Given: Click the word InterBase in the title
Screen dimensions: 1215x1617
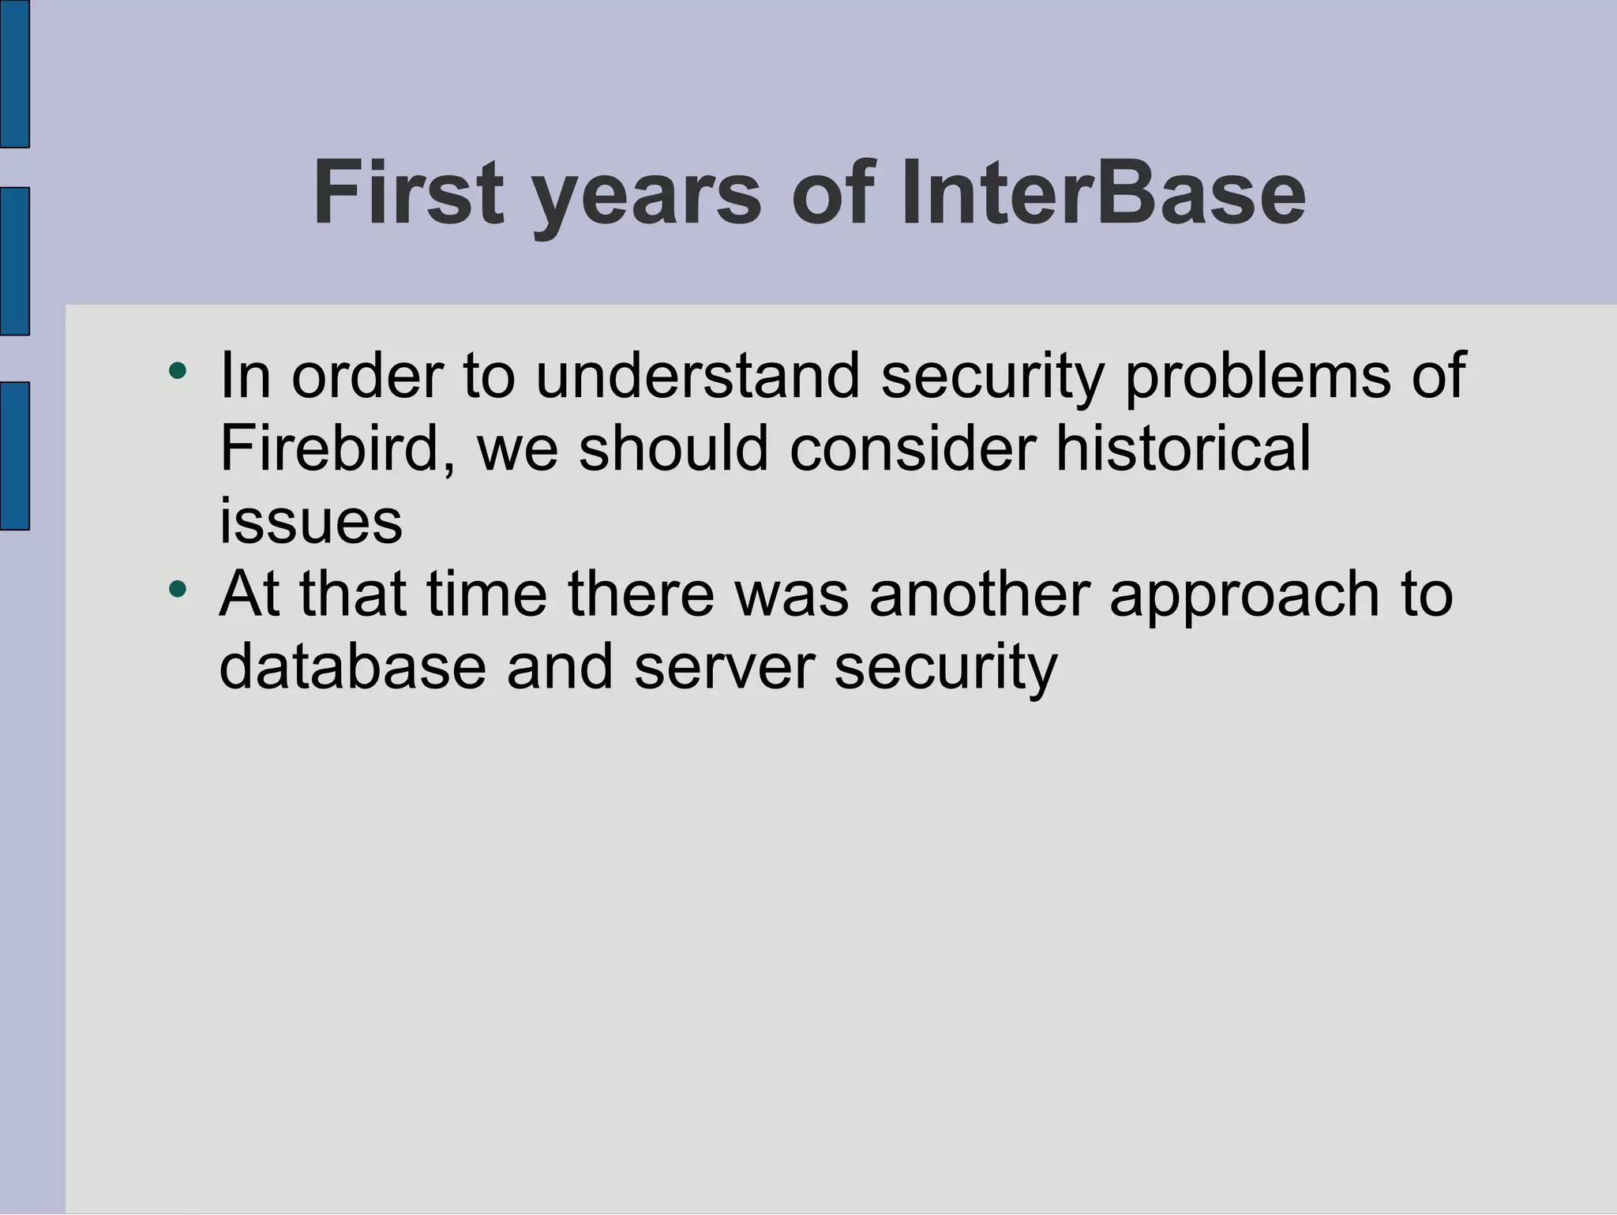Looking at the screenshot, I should (x=1103, y=193).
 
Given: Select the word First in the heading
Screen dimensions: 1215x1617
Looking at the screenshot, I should (x=407, y=193).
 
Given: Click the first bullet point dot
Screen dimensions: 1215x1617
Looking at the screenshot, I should (x=178, y=370).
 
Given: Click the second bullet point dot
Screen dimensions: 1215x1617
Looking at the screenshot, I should (x=178, y=588).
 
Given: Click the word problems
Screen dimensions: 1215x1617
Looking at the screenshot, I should (x=1257, y=377).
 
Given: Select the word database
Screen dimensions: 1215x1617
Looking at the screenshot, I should (x=352, y=666).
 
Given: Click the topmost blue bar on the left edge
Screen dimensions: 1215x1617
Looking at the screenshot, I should (x=14, y=73).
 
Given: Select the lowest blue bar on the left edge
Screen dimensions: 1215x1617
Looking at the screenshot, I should (x=14, y=456).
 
